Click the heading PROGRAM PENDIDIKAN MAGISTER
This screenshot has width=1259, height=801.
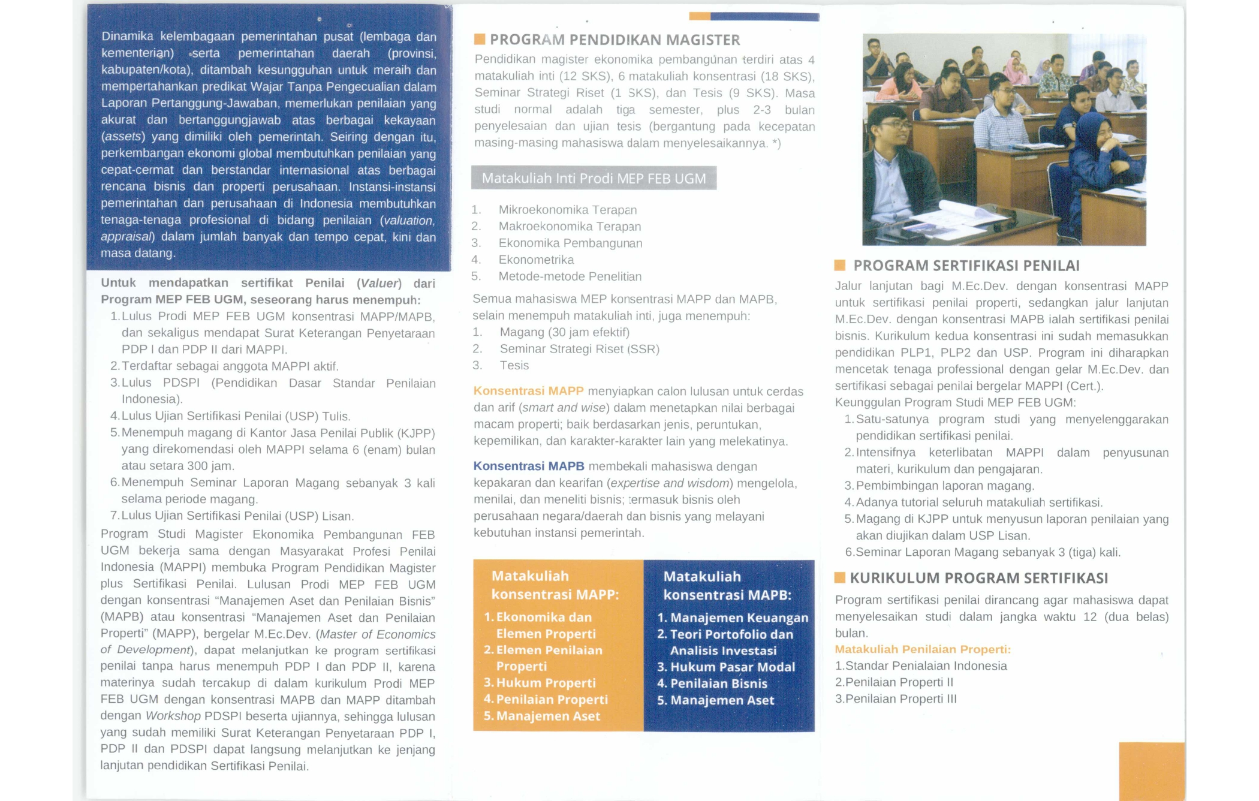click(x=615, y=40)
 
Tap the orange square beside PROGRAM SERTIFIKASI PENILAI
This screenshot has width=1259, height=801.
click(x=840, y=265)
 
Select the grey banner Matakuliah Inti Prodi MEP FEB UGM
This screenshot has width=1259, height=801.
click(x=594, y=178)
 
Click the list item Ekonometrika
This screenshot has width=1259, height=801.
click(x=536, y=260)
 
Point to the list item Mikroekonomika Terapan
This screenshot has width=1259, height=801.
click(x=567, y=210)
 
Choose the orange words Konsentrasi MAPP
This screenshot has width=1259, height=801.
click(x=528, y=391)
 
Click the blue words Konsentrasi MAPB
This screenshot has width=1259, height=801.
click(x=528, y=466)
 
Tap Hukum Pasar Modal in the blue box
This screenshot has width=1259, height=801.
click(x=732, y=667)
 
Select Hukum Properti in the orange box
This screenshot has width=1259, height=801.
click(x=546, y=682)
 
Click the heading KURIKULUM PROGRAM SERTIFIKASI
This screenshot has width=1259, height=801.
click(x=978, y=578)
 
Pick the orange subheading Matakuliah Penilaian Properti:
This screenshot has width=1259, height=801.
click(x=923, y=649)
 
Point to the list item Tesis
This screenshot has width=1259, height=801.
click(x=514, y=365)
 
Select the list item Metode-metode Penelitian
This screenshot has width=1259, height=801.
click(x=570, y=276)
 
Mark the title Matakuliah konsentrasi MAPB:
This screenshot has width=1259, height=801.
click(x=727, y=586)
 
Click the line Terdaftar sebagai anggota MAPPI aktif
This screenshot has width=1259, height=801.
click(x=230, y=366)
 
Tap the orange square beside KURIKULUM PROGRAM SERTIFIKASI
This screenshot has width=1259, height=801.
click(x=840, y=577)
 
